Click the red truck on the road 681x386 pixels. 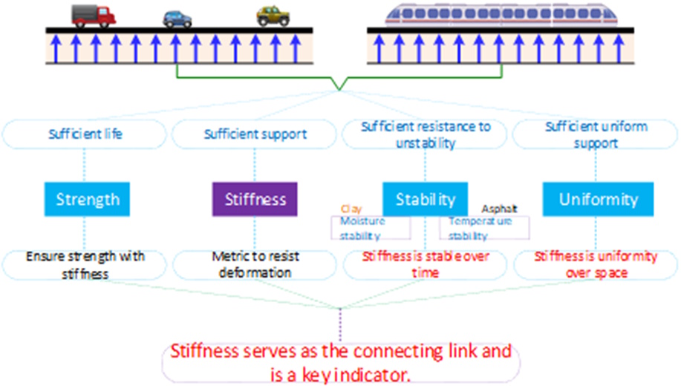click(x=93, y=15)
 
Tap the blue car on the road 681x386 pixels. click(x=177, y=19)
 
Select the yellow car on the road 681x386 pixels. click(x=273, y=16)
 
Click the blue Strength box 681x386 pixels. click(x=88, y=200)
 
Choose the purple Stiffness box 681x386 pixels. click(x=255, y=200)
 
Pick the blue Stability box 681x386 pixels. click(x=425, y=200)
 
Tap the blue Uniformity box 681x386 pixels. click(x=598, y=200)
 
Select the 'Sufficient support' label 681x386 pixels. click(x=255, y=134)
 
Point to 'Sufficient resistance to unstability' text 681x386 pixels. click(x=426, y=134)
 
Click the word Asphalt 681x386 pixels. click(x=499, y=209)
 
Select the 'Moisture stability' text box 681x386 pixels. click(x=370, y=229)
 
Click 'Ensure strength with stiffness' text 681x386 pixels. click(x=85, y=264)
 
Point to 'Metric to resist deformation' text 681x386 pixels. click(x=255, y=264)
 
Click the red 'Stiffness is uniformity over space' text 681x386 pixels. click(x=596, y=264)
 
